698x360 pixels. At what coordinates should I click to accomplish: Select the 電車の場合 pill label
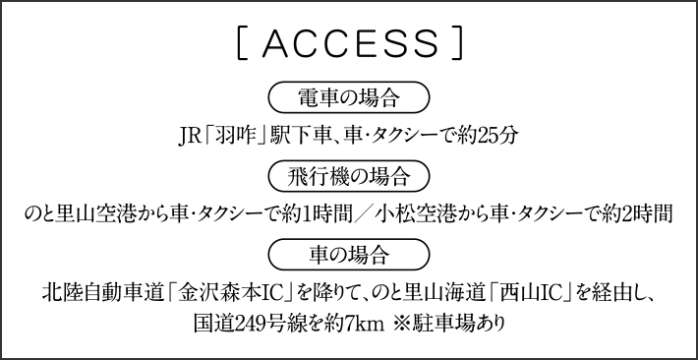[x=349, y=97]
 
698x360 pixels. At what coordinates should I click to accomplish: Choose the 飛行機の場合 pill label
[x=349, y=177]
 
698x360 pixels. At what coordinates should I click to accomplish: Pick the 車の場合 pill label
[x=349, y=257]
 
